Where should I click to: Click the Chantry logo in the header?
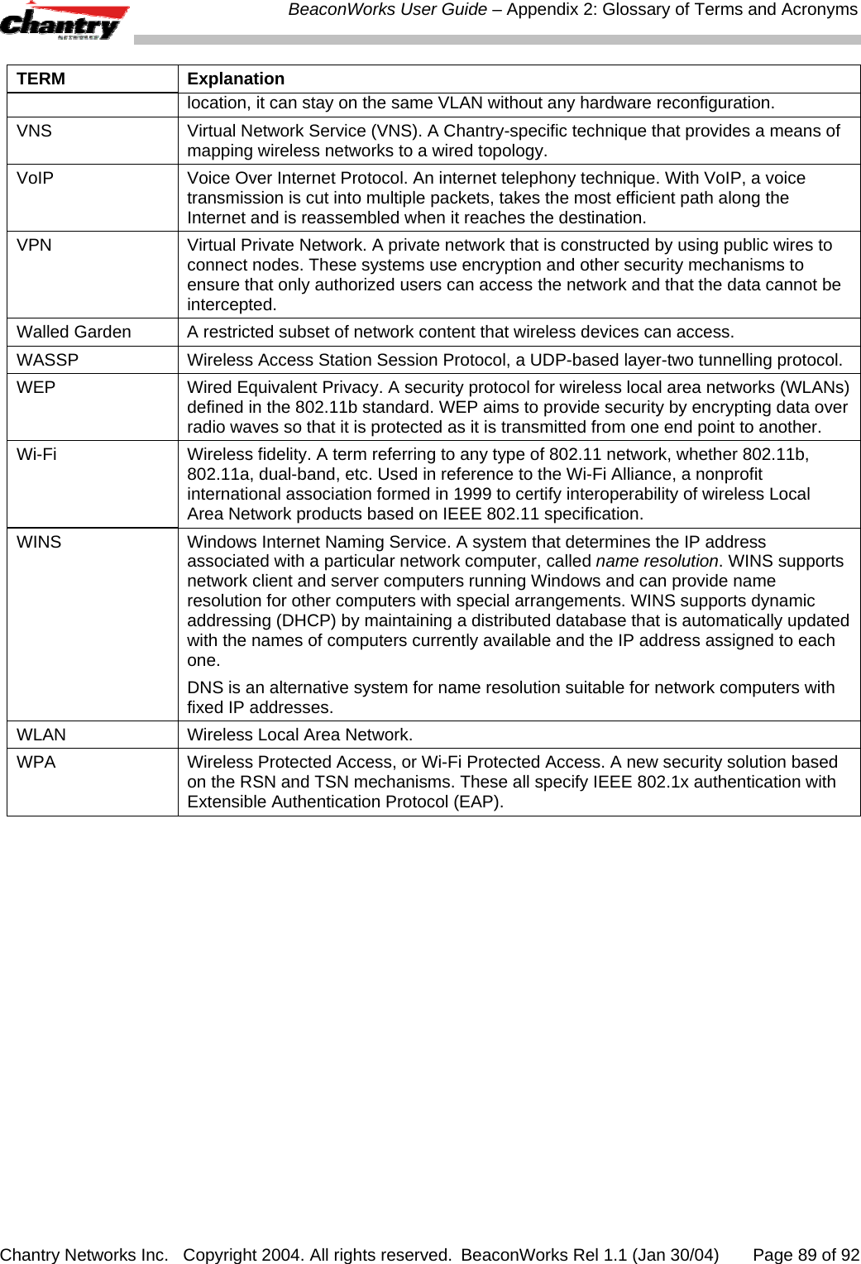click(64, 22)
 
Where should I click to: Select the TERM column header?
click(41, 79)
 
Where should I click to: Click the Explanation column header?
click(236, 79)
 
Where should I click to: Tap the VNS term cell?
click(35, 132)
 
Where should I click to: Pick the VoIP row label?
click(36, 179)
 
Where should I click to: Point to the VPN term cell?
click(35, 246)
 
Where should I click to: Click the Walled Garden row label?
click(74, 333)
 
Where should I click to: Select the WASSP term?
click(48, 361)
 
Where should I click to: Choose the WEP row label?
click(36, 388)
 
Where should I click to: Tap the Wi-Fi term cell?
click(37, 455)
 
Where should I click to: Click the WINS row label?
click(39, 543)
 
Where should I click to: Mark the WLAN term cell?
click(41, 735)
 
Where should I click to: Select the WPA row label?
click(36, 763)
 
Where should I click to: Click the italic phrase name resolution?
click(656, 562)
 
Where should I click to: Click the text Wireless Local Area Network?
click(299, 735)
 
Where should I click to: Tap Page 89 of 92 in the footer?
click(806, 1255)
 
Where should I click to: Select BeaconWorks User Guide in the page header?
click(387, 10)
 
